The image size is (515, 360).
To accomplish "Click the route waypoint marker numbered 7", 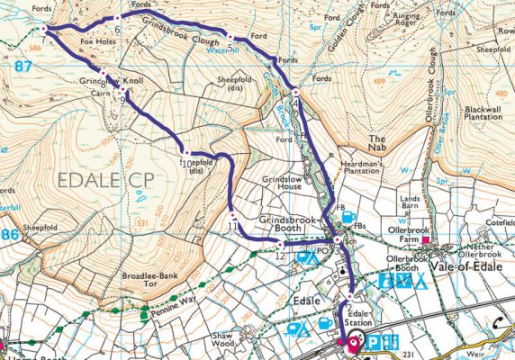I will (43, 29).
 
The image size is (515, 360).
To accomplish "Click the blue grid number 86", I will (10, 233).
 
